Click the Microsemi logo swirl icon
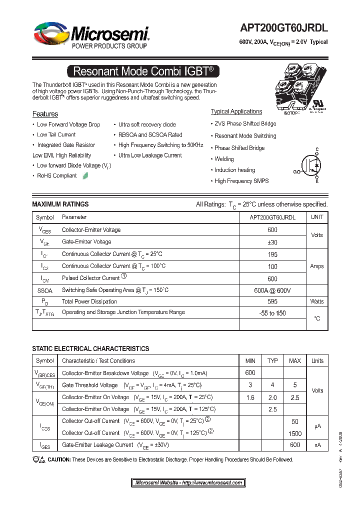pos(50,34)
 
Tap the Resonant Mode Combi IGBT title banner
pos(143,71)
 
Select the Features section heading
pos(45,114)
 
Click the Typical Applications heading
pos(236,111)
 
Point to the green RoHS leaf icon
pos(85,175)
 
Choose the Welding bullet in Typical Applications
pos(224,159)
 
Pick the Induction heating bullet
pos(234,170)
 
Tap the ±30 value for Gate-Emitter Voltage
pos(272,242)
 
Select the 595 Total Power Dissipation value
pos(272,301)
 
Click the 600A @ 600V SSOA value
pos(272,290)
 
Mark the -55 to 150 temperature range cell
pos(272,312)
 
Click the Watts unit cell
pos(317,301)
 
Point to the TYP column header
pos(272,360)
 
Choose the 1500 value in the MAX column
pos(295,433)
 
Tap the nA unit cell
pos(317,444)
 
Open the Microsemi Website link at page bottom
pos(188,482)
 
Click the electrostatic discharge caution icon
pos(38,459)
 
